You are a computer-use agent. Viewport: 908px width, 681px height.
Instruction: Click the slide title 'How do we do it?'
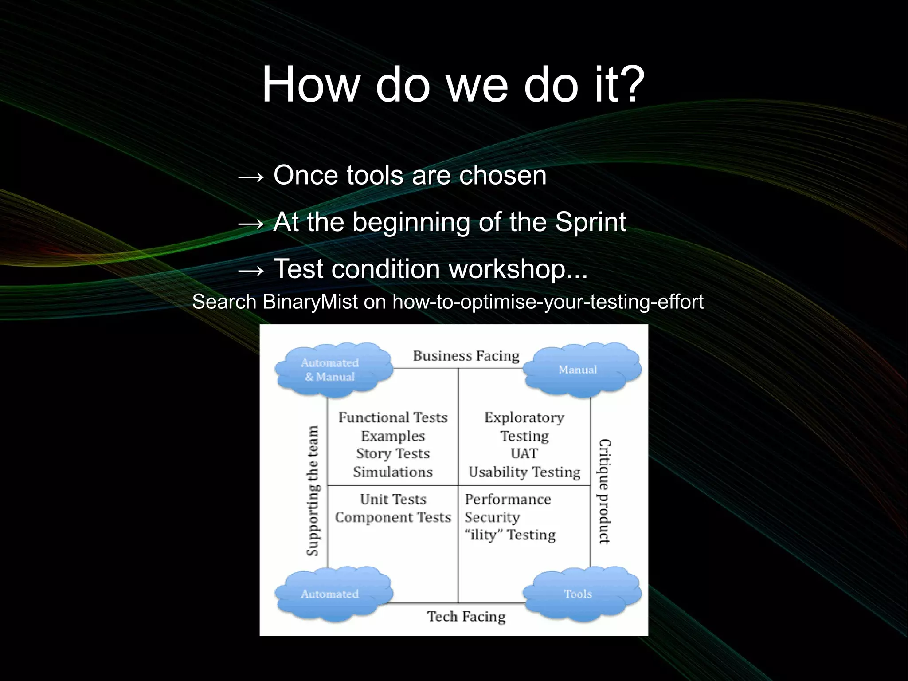[453, 84]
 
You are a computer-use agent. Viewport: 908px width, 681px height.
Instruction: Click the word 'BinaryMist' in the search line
[310, 302]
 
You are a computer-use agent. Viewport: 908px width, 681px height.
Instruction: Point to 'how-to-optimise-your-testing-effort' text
[548, 302]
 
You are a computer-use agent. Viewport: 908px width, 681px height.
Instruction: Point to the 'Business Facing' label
[466, 356]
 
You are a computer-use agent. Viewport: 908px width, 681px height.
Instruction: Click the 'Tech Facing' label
[466, 616]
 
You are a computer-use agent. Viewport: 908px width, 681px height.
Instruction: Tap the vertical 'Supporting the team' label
[313, 490]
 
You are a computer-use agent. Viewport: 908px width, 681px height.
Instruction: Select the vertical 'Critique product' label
[604, 491]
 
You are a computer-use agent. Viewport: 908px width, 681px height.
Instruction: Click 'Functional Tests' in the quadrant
[393, 417]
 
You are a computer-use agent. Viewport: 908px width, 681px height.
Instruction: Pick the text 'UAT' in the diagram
[524, 453]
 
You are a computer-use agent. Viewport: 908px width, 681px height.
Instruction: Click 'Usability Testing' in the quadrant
[524, 472]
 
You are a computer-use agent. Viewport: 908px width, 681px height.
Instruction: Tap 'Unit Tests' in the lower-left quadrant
[393, 499]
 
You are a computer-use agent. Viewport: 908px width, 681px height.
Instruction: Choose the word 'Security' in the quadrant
[492, 517]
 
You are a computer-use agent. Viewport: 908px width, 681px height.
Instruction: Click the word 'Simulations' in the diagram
[393, 472]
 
